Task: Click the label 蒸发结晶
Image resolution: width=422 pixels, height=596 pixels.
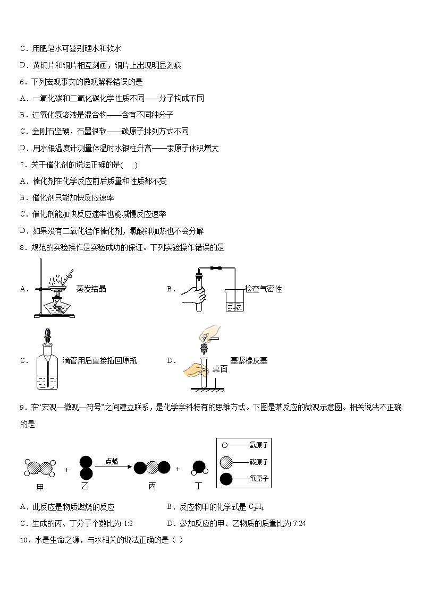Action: tap(91, 289)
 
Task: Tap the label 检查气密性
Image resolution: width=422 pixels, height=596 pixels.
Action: tap(263, 289)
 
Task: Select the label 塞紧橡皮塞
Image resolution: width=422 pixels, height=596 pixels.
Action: tap(249, 360)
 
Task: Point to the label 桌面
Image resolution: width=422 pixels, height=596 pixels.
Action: tap(220, 369)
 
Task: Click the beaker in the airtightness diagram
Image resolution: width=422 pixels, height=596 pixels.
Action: tap(234, 300)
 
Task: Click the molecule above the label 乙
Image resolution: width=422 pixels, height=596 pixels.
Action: tap(86, 468)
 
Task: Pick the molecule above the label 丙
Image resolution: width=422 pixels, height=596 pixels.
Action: tap(152, 468)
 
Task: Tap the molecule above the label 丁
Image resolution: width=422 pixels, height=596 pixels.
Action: tap(199, 468)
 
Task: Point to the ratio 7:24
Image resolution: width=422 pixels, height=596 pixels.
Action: tap(299, 524)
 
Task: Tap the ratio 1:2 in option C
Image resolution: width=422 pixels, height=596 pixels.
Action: tap(128, 524)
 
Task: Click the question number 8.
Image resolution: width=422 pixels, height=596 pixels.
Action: tap(22, 247)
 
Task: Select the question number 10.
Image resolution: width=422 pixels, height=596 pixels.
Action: tap(24, 540)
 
